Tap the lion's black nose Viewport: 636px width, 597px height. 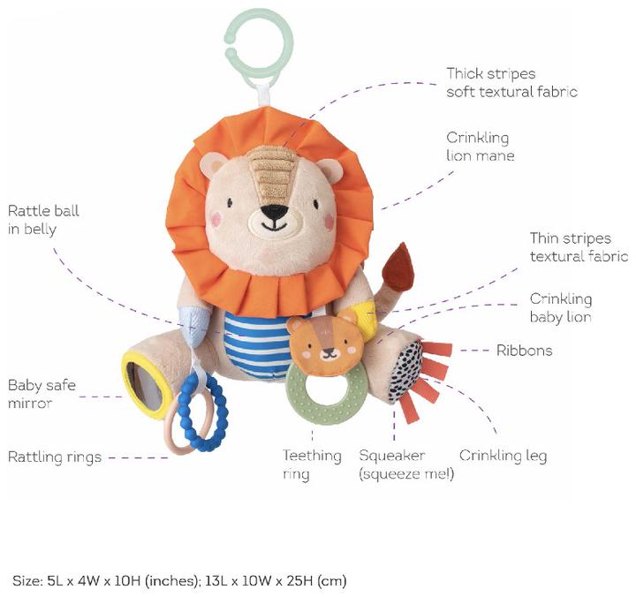tap(274, 211)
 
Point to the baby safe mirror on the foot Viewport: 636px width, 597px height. tap(145, 385)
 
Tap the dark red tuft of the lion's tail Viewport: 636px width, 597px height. tap(398, 268)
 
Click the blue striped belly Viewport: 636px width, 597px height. tap(255, 344)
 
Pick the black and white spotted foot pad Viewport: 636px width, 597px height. tap(405, 372)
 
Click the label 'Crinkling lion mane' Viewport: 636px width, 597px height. tap(481, 147)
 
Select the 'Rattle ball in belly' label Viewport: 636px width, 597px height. tap(43, 220)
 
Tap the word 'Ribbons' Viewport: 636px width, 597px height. tap(524, 350)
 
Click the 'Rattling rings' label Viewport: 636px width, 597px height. tap(55, 457)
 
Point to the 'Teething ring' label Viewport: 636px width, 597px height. tap(312, 465)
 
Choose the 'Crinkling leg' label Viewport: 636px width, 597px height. tap(503, 456)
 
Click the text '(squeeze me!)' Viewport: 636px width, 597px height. tap(406, 473)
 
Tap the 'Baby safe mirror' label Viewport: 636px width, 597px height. tap(42, 394)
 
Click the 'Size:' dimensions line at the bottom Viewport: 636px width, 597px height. tap(179, 581)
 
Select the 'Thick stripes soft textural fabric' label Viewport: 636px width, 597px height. tap(511, 83)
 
